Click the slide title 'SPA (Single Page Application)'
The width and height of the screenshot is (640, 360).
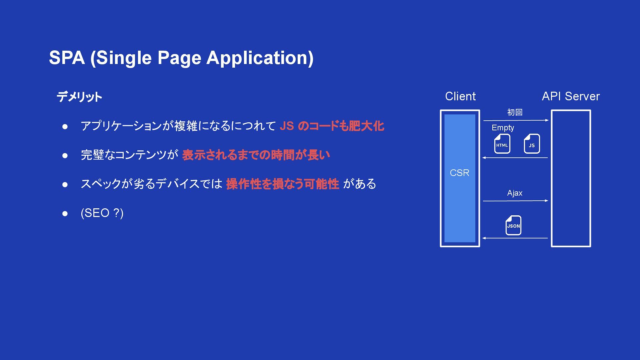(x=181, y=58)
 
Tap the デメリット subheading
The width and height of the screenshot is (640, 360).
(x=79, y=97)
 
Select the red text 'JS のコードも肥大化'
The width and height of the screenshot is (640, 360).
(x=332, y=126)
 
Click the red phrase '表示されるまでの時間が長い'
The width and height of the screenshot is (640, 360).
(x=256, y=155)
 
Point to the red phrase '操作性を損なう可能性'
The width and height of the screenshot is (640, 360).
(x=282, y=184)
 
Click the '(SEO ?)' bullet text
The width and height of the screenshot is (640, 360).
(x=102, y=213)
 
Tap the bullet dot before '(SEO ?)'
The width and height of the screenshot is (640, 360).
(x=65, y=213)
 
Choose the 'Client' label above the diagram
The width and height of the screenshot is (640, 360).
(x=460, y=96)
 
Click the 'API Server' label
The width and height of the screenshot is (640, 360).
(x=571, y=96)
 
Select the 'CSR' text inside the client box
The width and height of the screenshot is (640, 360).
(x=460, y=173)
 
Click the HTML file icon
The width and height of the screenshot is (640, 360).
(x=502, y=144)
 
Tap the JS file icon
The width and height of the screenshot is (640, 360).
(x=532, y=144)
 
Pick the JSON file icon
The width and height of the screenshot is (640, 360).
(x=513, y=225)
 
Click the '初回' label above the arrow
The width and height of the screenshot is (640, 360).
(x=515, y=112)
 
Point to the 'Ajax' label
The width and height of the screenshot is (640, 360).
(x=515, y=193)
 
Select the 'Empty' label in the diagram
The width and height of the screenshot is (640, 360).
(x=503, y=128)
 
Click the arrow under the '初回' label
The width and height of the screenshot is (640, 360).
(x=516, y=120)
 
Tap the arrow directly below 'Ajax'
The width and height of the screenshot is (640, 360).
(x=516, y=201)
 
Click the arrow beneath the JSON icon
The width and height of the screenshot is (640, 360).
(x=515, y=238)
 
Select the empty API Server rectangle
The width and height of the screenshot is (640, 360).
(x=571, y=178)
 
